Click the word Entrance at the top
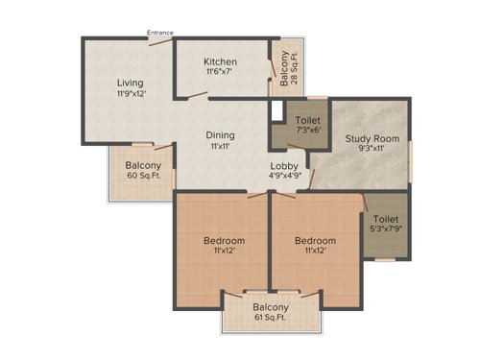159,33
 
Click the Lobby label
282,165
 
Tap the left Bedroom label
224,240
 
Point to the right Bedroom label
315,240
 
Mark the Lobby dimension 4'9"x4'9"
283,177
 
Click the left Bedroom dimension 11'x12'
224,252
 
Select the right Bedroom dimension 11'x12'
315,252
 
